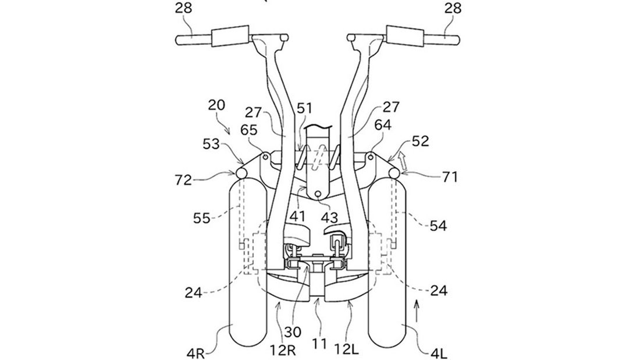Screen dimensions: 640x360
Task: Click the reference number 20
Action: coord(216,105)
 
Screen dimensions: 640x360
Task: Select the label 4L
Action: coord(438,354)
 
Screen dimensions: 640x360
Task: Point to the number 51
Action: coord(304,109)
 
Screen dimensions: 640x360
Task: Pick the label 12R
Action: coord(283,350)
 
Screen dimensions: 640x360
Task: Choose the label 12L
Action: coord(346,350)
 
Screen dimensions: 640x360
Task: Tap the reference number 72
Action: coord(183,180)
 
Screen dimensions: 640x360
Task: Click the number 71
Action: coord(449,177)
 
